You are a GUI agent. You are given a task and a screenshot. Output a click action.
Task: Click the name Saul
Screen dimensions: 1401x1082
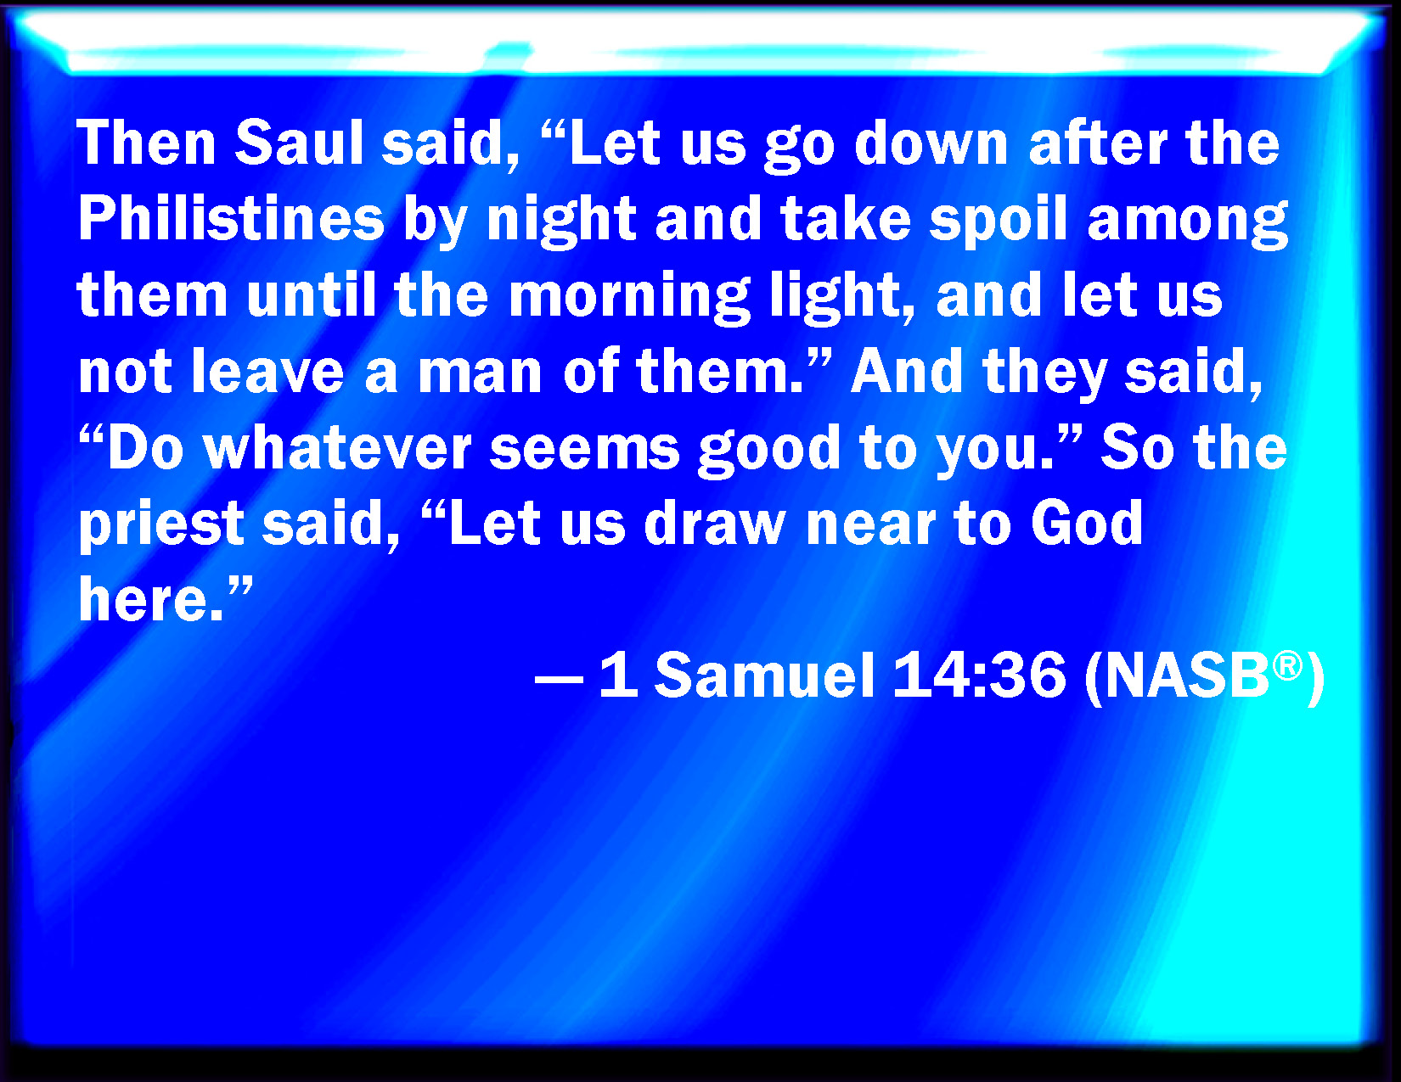[x=299, y=143]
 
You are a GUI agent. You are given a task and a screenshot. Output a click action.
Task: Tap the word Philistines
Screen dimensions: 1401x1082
[x=231, y=219]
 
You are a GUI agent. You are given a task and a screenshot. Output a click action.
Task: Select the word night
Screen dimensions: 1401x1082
[x=561, y=222]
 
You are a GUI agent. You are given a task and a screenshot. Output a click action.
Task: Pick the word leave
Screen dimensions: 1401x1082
[x=268, y=372]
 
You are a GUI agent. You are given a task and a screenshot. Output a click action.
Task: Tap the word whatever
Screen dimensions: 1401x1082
[x=338, y=448]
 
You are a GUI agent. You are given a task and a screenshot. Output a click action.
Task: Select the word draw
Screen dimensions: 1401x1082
[x=716, y=524]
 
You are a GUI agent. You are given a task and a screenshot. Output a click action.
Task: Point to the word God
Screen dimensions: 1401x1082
[x=1087, y=524]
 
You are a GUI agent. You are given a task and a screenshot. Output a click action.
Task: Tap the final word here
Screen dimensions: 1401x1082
[x=151, y=600]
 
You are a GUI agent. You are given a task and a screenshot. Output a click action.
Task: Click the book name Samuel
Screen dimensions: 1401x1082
[x=765, y=676]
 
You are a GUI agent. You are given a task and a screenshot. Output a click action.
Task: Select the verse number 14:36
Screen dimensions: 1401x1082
[x=979, y=676]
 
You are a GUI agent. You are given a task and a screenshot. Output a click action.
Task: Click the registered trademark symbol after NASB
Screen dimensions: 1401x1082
[x=1287, y=664]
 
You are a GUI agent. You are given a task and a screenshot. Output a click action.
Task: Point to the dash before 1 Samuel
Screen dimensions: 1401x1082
[x=559, y=679]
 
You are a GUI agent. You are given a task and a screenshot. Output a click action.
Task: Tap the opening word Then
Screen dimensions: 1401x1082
[x=146, y=143]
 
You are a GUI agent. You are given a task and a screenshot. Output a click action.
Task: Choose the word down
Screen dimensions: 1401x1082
[x=931, y=143]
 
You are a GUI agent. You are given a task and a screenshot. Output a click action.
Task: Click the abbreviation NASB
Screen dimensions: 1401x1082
[x=1186, y=676]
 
